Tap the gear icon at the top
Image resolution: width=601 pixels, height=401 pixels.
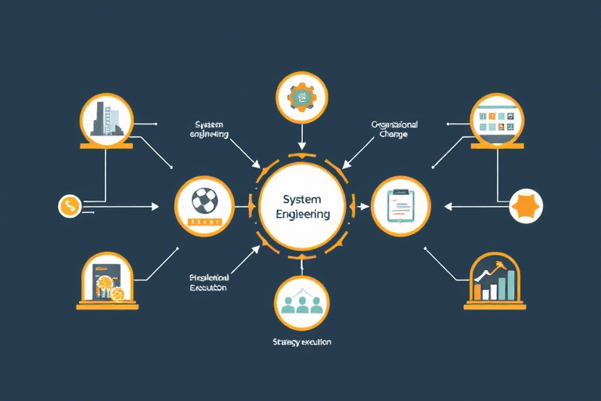[x=300, y=98]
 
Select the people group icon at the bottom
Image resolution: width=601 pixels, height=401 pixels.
[x=300, y=302]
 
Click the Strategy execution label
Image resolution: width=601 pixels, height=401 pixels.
[x=301, y=342]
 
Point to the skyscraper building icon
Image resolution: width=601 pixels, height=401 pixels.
[x=107, y=119]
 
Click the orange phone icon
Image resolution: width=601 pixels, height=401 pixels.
[x=70, y=207]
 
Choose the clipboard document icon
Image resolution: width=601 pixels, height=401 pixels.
[x=399, y=206]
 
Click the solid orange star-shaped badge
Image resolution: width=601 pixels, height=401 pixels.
[x=526, y=206]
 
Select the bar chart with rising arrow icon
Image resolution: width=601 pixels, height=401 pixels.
[x=495, y=282]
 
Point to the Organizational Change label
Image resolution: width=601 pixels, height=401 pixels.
[x=395, y=129]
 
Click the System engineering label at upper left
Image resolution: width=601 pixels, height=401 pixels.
[x=209, y=129]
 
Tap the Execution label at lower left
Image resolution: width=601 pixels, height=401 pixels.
[x=208, y=283]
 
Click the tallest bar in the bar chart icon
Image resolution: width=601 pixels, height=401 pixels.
[x=511, y=284]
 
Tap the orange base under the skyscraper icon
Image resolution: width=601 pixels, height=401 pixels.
[x=106, y=144]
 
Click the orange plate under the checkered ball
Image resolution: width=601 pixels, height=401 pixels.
[x=204, y=222]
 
